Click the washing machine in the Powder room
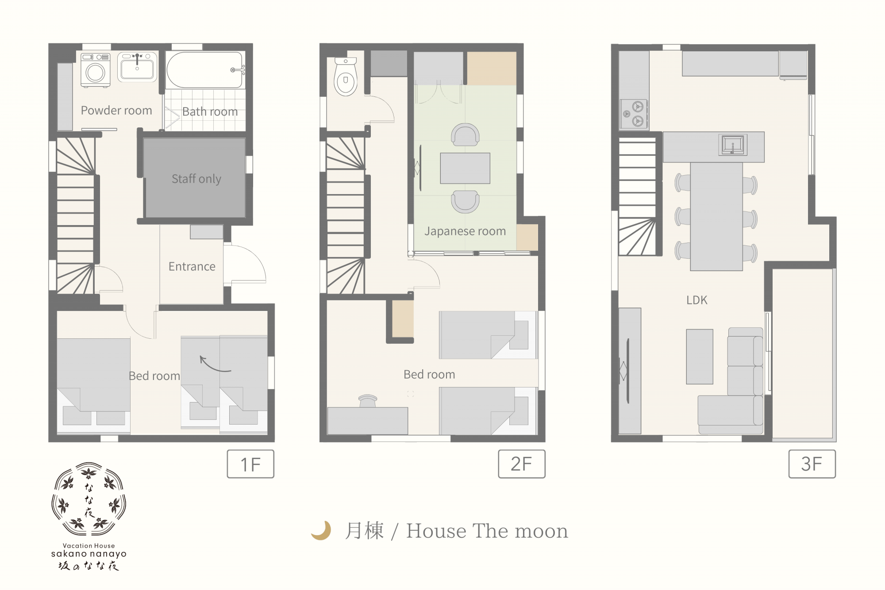click(95, 70)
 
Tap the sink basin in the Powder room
click(137, 67)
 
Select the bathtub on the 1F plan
click(205, 70)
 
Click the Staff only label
click(196, 179)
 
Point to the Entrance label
click(192, 266)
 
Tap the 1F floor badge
click(250, 464)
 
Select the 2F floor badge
click(522, 464)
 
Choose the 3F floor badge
click(812, 464)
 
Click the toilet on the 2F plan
click(346, 77)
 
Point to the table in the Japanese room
click(465, 168)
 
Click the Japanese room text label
click(465, 231)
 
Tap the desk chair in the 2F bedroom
click(368, 400)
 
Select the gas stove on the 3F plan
click(634, 114)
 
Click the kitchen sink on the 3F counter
click(733, 145)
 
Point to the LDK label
click(697, 300)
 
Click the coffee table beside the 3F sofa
click(700, 356)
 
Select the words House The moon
click(487, 531)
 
